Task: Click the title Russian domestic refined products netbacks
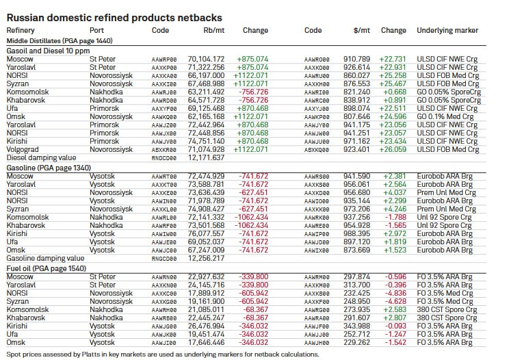114,17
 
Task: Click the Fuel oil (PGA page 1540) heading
47,268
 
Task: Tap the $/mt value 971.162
356,140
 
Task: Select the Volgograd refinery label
23,149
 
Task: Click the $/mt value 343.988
357,326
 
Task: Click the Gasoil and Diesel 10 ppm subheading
48,51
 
